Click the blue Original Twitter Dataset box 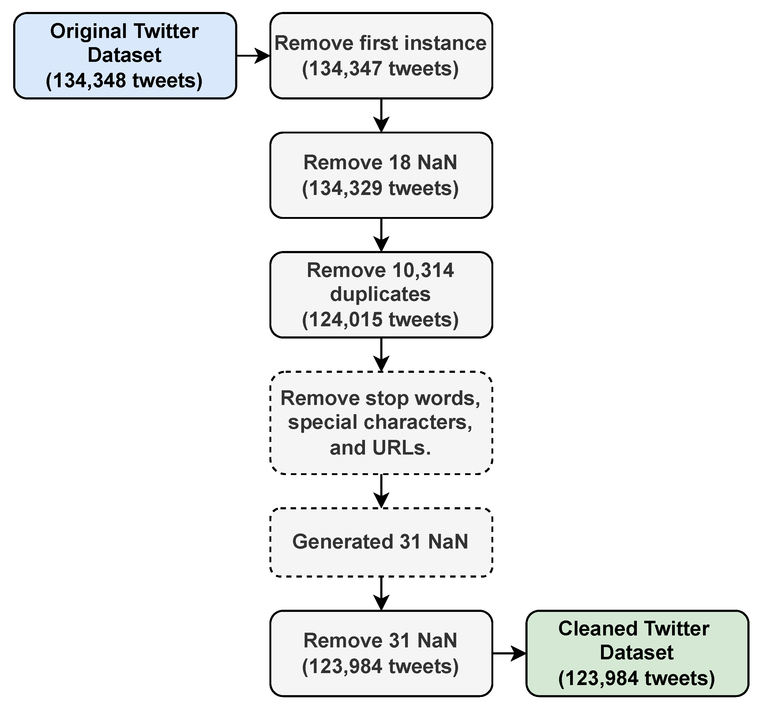coord(125,55)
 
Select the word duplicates coord(380,294)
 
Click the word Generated coord(343,542)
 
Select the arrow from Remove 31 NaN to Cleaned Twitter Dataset coord(509,654)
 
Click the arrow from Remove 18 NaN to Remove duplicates coord(381,235)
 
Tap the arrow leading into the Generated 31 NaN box coord(381,491)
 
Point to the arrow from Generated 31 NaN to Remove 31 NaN coord(381,594)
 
